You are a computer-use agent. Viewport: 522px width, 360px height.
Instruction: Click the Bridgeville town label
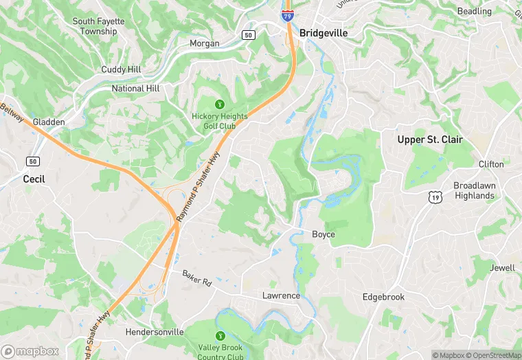(324, 32)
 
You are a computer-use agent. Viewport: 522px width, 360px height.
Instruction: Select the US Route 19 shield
(435, 198)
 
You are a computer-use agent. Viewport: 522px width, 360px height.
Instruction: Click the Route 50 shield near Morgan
(248, 34)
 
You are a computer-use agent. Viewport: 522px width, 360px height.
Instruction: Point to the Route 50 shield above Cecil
(32, 161)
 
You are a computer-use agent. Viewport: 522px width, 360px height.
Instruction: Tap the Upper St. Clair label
(430, 139)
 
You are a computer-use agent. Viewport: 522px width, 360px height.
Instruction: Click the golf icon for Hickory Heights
(220, 104)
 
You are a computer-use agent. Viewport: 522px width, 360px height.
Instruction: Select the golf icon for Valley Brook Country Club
(220, 336)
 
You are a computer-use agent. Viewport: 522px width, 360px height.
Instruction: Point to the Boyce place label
(324, 234)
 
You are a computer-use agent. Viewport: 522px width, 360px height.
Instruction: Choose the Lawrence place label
(281, 295)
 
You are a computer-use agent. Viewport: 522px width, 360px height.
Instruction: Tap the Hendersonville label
(155, 332)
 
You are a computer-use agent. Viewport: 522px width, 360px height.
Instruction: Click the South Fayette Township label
(98, 26)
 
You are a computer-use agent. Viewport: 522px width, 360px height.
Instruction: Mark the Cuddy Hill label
(121, 69)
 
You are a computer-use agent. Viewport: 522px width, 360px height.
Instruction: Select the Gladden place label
(49, 122)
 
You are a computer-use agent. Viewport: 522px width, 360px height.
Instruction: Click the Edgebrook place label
(383, 297)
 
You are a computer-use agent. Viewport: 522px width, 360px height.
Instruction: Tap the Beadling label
(475, 11)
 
